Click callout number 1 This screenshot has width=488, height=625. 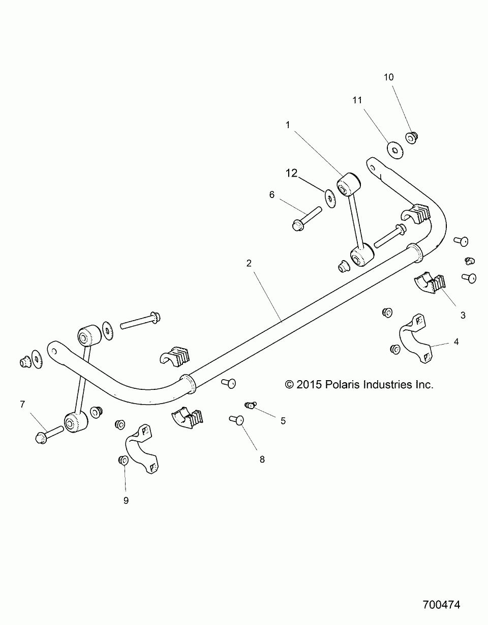coord(287,125)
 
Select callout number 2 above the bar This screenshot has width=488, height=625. coord(249,263)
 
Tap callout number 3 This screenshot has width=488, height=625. coord(463,315)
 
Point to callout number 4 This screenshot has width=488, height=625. coord(456,342)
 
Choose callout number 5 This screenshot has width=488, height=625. coord(283,420)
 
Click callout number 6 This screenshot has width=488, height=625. coord(271,194)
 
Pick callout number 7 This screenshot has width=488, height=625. coord(22,405)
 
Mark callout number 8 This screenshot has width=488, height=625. coord(262,459)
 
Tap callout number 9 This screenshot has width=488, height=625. coord(126,500)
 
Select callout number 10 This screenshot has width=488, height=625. coord(388,77)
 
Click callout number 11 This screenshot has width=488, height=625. coord(357,100)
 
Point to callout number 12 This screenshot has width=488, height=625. coord(291,173)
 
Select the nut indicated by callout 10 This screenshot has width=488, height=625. coord(411,137)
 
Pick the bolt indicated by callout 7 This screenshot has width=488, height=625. coord(49,434)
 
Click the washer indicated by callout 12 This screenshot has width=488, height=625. coord(329,197)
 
